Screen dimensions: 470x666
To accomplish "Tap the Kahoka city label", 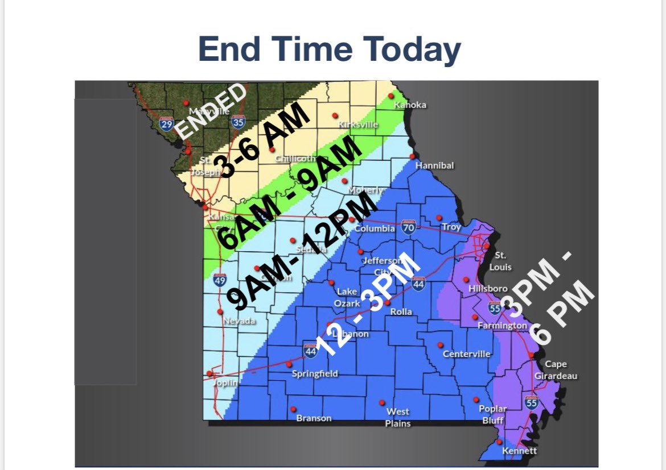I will (410, 105).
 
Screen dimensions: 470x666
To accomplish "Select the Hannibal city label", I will (434, 165).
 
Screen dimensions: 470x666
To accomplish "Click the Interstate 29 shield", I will (167, 124).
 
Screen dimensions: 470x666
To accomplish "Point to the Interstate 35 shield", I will (239, 121).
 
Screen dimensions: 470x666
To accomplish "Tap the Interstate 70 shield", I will (408, 227).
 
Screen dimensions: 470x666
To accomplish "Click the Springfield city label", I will (315, 373).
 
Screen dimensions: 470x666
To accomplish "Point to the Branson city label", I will (314, 418).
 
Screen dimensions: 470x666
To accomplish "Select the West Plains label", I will (398, 417).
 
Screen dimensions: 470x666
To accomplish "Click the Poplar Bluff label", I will (493, 414).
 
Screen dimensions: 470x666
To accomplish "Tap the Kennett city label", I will (519, 451).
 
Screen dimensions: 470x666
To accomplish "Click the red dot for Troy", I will (439, 217).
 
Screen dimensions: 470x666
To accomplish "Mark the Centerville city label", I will (466, 353).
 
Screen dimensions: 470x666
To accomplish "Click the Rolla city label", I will (401, 311).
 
